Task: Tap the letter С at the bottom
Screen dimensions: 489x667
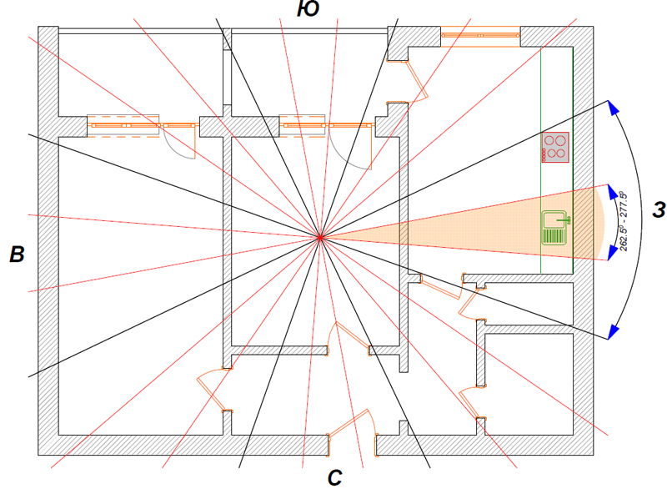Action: tap(335, 477)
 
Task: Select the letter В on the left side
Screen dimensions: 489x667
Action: tap(17, 255)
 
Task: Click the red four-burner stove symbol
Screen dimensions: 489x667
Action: tap(554, 147)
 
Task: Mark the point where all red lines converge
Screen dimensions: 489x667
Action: tap(320, 239)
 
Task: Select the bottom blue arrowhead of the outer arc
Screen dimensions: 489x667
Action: tap(614, 332)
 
